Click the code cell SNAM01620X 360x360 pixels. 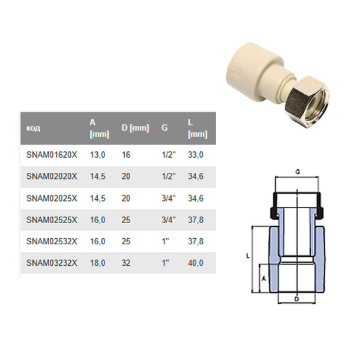(52, 154)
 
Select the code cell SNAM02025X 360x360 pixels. (52, 197)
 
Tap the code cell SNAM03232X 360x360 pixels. (52, 262)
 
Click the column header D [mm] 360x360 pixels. (135, 128)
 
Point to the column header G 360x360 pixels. (164, 128)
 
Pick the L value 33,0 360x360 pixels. (196, 154)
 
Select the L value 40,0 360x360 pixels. (196, 262)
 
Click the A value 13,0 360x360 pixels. (97, 154)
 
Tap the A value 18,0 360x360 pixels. (97, 262)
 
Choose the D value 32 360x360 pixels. (127, 262)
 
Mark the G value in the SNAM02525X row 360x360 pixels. (167, 219)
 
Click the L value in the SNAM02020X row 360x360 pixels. (196, 176)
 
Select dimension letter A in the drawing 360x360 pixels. (262, 278)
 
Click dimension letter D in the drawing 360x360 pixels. (297, 298)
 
